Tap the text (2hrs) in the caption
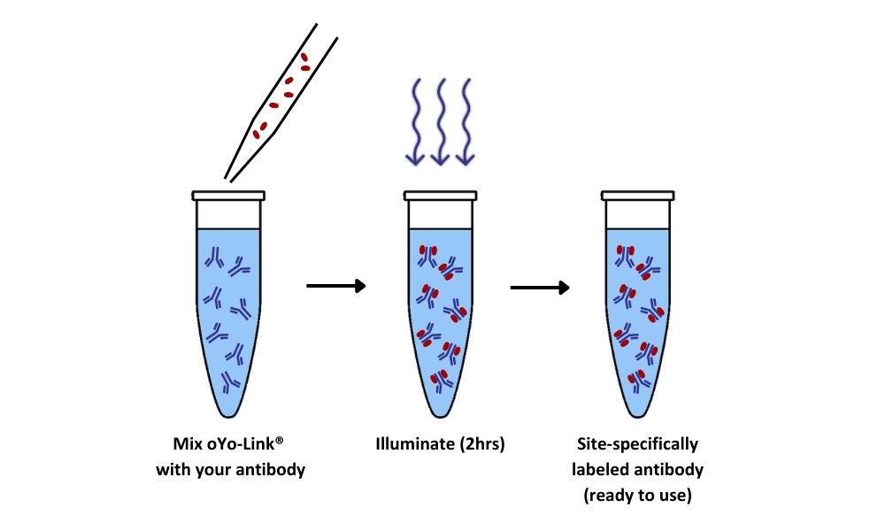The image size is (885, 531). pyautogui.click(x=480, y=444)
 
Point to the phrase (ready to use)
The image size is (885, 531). pyautogui.click(x=637, y=496)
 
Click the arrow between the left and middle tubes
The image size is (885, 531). pyautogui.click(x=335, y=286)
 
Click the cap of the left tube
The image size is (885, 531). pyautogui.click(x=228, y=195)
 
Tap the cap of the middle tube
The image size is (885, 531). pyautogui.click(x=440, y=195)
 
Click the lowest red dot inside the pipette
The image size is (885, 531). pyautogui.click(x=258, y=135)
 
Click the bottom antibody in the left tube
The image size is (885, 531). pyautogui.click(x=230, y=382)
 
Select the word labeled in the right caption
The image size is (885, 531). pyautogui.click(x=602, y=470)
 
